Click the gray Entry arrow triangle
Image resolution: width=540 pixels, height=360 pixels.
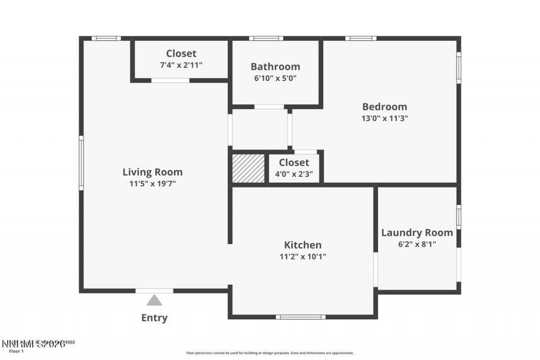[154, 300]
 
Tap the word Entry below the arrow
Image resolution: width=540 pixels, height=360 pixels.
[154, 318]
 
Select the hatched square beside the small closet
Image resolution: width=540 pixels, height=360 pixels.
[248, 168]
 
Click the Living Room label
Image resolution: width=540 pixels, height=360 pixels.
[152, 172]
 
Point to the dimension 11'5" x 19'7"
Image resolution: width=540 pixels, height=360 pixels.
[152, 184]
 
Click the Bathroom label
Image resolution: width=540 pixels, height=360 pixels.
[275, 67]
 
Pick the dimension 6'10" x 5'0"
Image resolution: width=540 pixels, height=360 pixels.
[275, 78]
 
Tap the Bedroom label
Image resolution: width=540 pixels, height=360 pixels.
[384, 107]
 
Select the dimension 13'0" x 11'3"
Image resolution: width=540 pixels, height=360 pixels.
[384, 118]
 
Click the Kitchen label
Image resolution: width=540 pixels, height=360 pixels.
[302, 245]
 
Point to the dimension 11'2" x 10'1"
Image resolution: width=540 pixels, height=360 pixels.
[302, 256]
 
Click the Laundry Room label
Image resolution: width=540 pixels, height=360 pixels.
[417, 233]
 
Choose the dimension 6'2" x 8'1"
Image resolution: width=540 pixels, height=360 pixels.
[417, 244]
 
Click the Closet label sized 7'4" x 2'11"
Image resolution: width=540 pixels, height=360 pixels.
[181, 54]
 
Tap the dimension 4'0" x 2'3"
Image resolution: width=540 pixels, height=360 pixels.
[294, 173]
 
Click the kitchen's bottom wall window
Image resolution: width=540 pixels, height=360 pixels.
[300, 317]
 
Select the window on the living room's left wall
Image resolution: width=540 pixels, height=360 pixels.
[81, 162]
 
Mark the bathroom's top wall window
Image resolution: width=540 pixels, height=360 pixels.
[266, 38]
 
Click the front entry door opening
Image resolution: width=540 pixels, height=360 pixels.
[154, 291]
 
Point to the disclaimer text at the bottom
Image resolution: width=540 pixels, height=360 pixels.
[270, 353]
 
